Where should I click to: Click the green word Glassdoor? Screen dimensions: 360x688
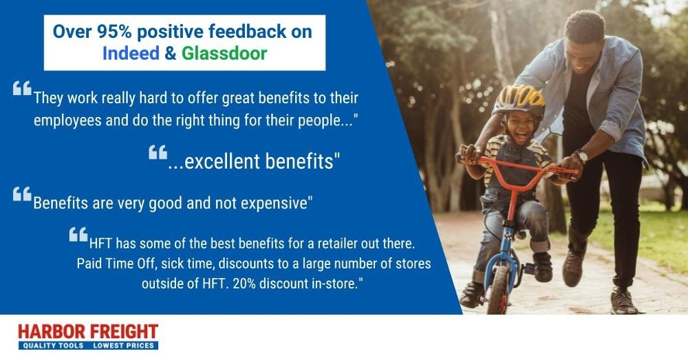[x=224, y=53]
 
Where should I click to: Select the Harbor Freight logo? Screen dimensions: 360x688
[x=87, y=336]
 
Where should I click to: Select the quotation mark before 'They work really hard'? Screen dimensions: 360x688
[x=22, y=89]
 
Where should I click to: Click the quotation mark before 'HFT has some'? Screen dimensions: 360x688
[x=78, y=235]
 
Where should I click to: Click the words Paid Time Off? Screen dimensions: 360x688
[x=111, y=264]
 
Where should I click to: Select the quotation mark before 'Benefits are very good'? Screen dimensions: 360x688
[x=22, y=195]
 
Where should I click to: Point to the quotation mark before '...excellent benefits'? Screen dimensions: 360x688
[x=158, y=152]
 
